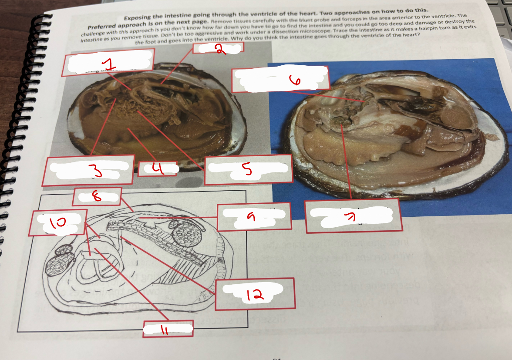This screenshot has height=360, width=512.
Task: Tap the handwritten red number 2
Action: pos(220,49)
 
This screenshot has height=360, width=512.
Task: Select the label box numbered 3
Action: pos(91,170)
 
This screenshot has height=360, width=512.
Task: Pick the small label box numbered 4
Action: pos(158,168)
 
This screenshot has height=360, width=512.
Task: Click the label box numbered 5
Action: pos(248,169)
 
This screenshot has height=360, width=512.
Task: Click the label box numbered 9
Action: pos(254,216)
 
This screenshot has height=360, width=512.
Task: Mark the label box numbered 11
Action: pos(168,329)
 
